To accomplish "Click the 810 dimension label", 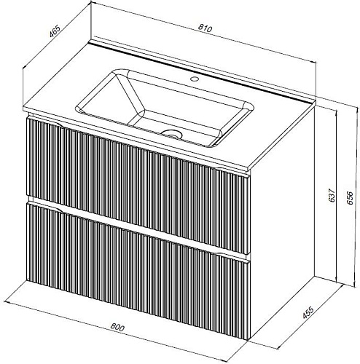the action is [x=205, y=28].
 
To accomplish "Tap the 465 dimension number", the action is [x=55, y=31].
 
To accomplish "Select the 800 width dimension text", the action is [x=117, y=328].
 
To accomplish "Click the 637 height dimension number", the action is [x=332, y=195].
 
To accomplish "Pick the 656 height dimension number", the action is [x=350, y=198].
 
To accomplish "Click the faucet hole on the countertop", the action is [x=195, y=79].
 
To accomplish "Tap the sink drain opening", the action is [x=172, y=133].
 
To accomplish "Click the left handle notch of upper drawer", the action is [x=46, y=122].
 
